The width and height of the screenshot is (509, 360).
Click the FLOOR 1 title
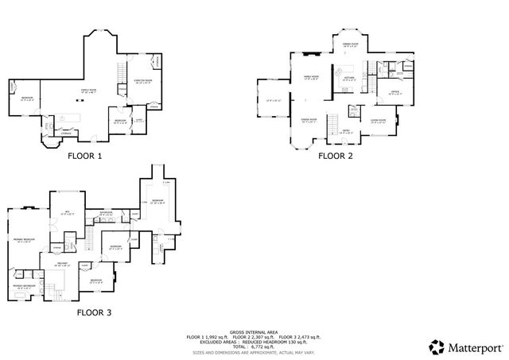click(85, 156)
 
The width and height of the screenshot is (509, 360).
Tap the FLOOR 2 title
click(335, 156)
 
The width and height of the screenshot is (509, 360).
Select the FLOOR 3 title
click(95, 312)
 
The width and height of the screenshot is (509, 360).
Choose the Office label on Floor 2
click(394, 92)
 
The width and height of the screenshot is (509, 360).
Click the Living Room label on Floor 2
click(378, 120)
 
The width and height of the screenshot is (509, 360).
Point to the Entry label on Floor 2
click(346, 130)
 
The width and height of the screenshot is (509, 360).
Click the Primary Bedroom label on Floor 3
click(24, 239)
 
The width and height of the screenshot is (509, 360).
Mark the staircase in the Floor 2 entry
click(351, 110)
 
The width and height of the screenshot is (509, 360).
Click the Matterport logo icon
click(436, 346)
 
